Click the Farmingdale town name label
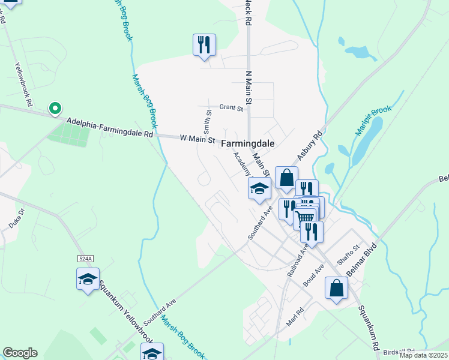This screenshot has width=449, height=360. pos(247,144)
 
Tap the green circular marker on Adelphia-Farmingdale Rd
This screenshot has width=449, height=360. pos(55,109)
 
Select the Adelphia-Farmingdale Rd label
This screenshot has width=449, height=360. pos(110,128)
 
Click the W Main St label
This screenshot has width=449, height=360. pos(197,139)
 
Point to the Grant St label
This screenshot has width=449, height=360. pos(231,108)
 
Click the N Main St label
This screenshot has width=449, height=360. pos(247,87)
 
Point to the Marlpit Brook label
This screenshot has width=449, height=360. pos(373,120)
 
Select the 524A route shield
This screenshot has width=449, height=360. pos(86,258)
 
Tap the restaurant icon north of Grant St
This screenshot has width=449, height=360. pos(204,45)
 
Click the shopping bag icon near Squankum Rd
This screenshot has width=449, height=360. pos(336,287)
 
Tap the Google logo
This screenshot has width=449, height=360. pos(20,353)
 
